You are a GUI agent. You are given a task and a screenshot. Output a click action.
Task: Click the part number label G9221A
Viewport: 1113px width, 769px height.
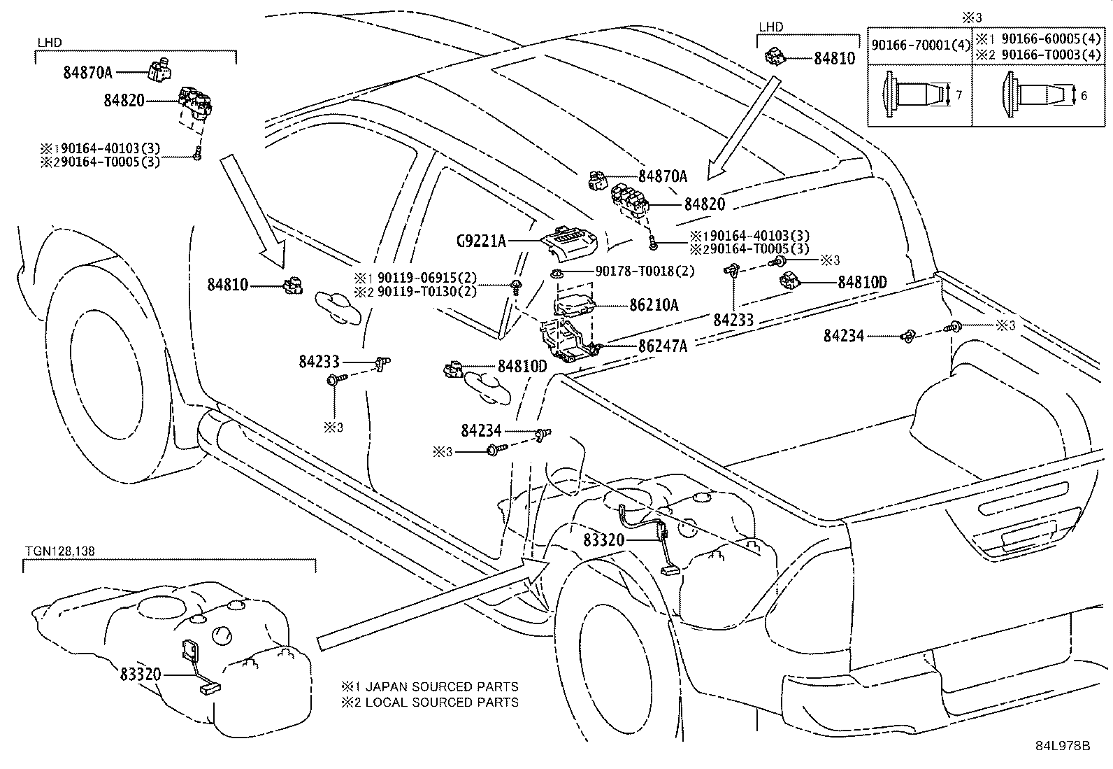[x=481, y=241]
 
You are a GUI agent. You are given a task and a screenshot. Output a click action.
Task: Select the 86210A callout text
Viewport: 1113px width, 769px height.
[x=654, y=305]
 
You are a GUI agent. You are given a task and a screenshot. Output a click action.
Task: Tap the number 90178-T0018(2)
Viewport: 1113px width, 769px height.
[x=645, y=271]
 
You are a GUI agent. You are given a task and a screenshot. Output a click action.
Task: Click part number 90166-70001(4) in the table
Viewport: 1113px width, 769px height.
[x=921, y=45]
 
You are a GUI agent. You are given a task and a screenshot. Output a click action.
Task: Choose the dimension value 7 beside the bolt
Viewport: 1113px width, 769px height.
[x=959, y=94]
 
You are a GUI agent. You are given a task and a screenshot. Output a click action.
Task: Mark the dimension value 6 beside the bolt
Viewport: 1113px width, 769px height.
[x=1084, y=96]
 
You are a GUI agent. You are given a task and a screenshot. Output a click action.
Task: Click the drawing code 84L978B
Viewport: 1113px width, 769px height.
[x=1063, y=745]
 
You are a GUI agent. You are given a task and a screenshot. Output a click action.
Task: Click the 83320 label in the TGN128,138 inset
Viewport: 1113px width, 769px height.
[x=140, y=675]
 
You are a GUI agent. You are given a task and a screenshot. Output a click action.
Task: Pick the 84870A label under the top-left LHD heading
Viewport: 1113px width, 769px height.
[x=88, y=72]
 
